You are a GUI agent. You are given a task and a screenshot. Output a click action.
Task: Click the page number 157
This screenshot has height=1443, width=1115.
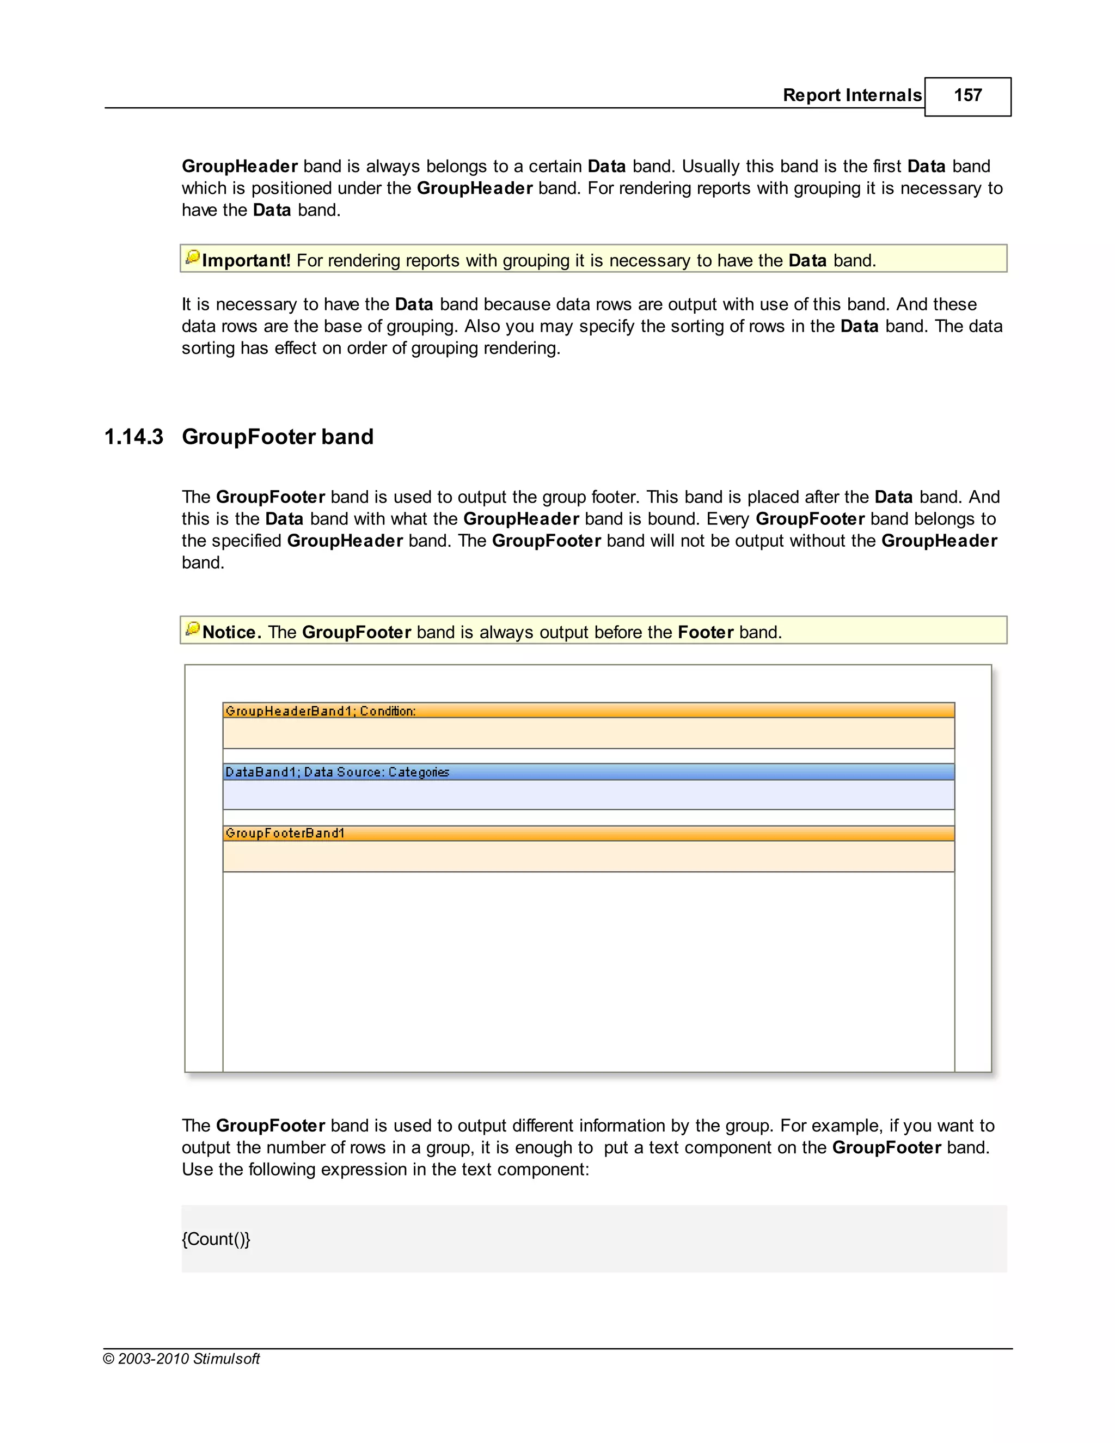coord(967,95)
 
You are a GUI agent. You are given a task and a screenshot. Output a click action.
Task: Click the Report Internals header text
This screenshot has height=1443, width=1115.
coord(851,95)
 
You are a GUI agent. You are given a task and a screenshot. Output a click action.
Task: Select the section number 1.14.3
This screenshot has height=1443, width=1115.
coord(133,437)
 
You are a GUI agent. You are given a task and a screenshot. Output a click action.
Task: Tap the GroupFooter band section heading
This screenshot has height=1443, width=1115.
coord(278,437)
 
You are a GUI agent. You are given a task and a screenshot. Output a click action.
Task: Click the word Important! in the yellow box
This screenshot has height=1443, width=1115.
coord(246,260)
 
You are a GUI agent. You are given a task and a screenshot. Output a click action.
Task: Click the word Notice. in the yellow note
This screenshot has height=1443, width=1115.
coord(231,632)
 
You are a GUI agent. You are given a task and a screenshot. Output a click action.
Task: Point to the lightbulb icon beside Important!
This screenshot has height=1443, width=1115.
coord(192,257)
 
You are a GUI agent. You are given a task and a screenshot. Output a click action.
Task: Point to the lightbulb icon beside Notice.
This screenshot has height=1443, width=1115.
coord(192,629)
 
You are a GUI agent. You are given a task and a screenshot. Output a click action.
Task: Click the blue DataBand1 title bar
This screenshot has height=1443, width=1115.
coord(588,772)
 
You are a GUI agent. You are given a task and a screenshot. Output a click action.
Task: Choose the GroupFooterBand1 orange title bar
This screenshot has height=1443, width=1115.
coord(588,833)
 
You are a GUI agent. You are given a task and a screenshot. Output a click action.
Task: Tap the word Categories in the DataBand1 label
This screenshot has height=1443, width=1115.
coord(419,772)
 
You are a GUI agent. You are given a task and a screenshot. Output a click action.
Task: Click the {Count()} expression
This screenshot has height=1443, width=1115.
coord(216,1239)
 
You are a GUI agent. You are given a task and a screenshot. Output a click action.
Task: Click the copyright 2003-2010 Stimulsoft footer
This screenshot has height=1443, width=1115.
coord(182,1359)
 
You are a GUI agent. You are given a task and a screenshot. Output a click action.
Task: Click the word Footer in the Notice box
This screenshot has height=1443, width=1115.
coord(706,632)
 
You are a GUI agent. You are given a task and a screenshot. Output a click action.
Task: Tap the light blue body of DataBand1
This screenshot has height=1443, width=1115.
coord(588,795)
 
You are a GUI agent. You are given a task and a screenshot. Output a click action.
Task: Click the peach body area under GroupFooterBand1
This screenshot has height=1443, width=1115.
coord(588,857)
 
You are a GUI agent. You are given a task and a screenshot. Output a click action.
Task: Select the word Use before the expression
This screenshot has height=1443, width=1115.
coord(197,1170)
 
